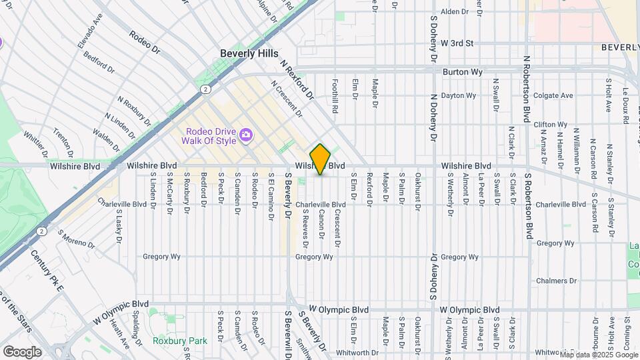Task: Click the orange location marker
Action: [321, 159]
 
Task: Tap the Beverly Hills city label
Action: [249, 53]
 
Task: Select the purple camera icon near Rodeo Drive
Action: [246, 136]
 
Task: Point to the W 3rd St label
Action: [457, 43]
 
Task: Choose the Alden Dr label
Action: [455, 12]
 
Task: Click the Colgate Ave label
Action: [553, 95]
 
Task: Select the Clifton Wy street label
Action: [550, 125]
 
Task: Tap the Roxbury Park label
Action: [179, 341]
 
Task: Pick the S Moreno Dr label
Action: [76, 239]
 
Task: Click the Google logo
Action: [22, 351]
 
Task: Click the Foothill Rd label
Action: [336, 96]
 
